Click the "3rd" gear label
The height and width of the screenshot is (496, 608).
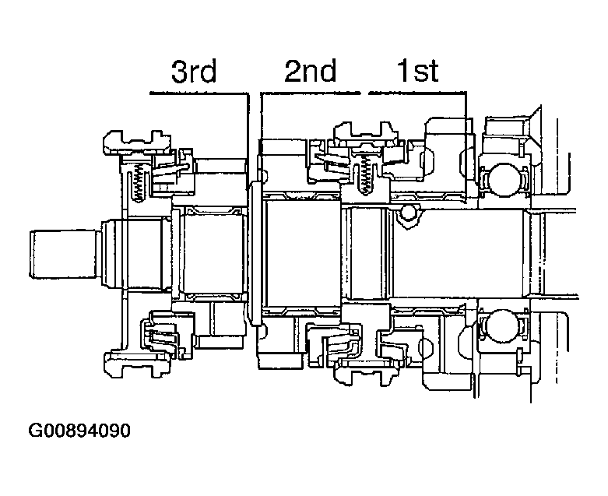pyautogui.click(x=194, y=72)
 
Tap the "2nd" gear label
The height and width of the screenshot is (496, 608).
pyautogui.click(x=310, y=72)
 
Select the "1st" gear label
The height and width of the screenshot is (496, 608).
pyautogui.click(x=418, y=72)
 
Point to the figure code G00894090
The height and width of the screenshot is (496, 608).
pyautogui.click(x=79, y=431)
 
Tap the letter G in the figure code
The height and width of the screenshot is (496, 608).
pyautogui.click(x=35, y=431)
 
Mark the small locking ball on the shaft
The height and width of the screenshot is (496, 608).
pyautogui.click(x=409, y=212)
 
